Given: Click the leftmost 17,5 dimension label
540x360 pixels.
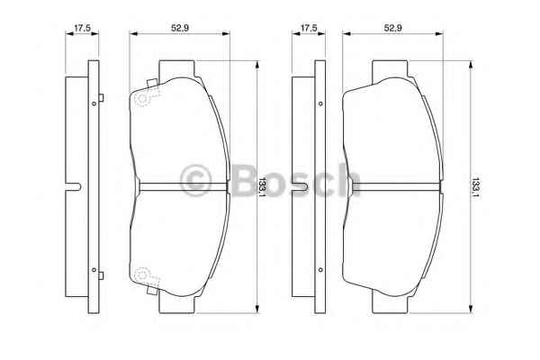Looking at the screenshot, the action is coord(82,28).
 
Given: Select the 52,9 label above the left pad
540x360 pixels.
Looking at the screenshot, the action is coord(180,28).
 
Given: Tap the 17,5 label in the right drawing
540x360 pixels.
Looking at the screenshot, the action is coord(309,28).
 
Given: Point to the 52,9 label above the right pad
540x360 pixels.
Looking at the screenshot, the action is coord(393,28).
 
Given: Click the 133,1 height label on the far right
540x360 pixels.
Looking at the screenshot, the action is coord(475,187).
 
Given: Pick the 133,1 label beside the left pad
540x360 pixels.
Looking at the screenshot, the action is coord(263,187).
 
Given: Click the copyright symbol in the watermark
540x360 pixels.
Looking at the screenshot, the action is coord(195,181).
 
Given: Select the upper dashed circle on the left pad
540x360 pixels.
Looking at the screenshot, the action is coord(141,98).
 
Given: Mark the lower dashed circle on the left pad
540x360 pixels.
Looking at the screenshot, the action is coord(141,274).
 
